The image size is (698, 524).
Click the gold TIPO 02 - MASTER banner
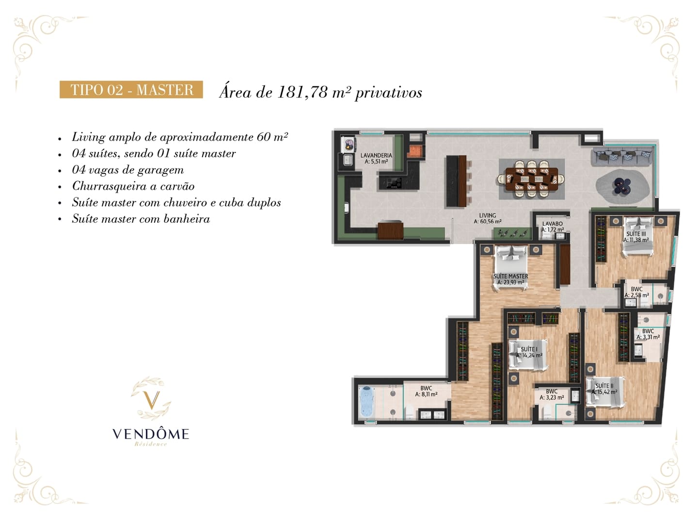coord(131,89)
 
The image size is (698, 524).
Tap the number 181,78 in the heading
coord(302,92)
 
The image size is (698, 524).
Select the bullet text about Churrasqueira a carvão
coord(133,186)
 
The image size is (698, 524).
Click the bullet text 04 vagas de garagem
coord(128,170)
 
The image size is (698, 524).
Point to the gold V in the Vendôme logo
coord(151,400)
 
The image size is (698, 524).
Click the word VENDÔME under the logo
coord(151,434)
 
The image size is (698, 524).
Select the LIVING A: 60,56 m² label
coord(488,218)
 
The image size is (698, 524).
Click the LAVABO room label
coord(553,226)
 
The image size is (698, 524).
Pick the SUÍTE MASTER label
coord(511,279)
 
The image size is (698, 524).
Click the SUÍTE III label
coord(636,237)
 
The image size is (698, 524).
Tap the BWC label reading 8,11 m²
coord(426,392)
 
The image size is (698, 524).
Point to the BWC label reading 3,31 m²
coord(648,334)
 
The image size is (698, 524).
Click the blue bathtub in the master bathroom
coord(367,402)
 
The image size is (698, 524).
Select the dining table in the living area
coord(531,179)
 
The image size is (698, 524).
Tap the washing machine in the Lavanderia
coord(348,145)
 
